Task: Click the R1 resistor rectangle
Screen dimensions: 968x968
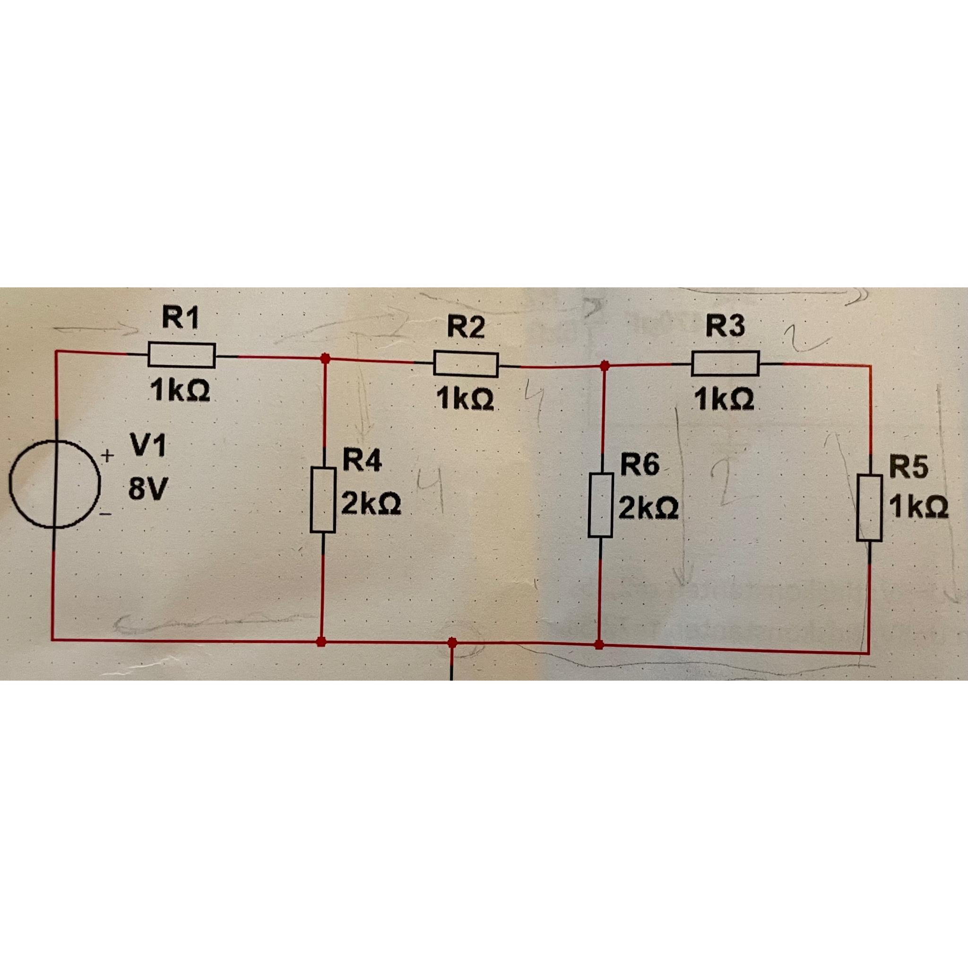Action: (181, 355)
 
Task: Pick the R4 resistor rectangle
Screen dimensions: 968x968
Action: (323, 499)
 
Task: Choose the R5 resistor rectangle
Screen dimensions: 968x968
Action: (869, 508)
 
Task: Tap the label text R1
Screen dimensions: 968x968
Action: (180, 319)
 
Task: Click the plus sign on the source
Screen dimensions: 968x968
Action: (108, 457)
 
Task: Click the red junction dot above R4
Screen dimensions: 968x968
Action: (326, 358)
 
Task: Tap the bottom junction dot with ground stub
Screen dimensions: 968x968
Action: (452, 642)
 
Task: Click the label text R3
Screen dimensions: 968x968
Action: (725, 326)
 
